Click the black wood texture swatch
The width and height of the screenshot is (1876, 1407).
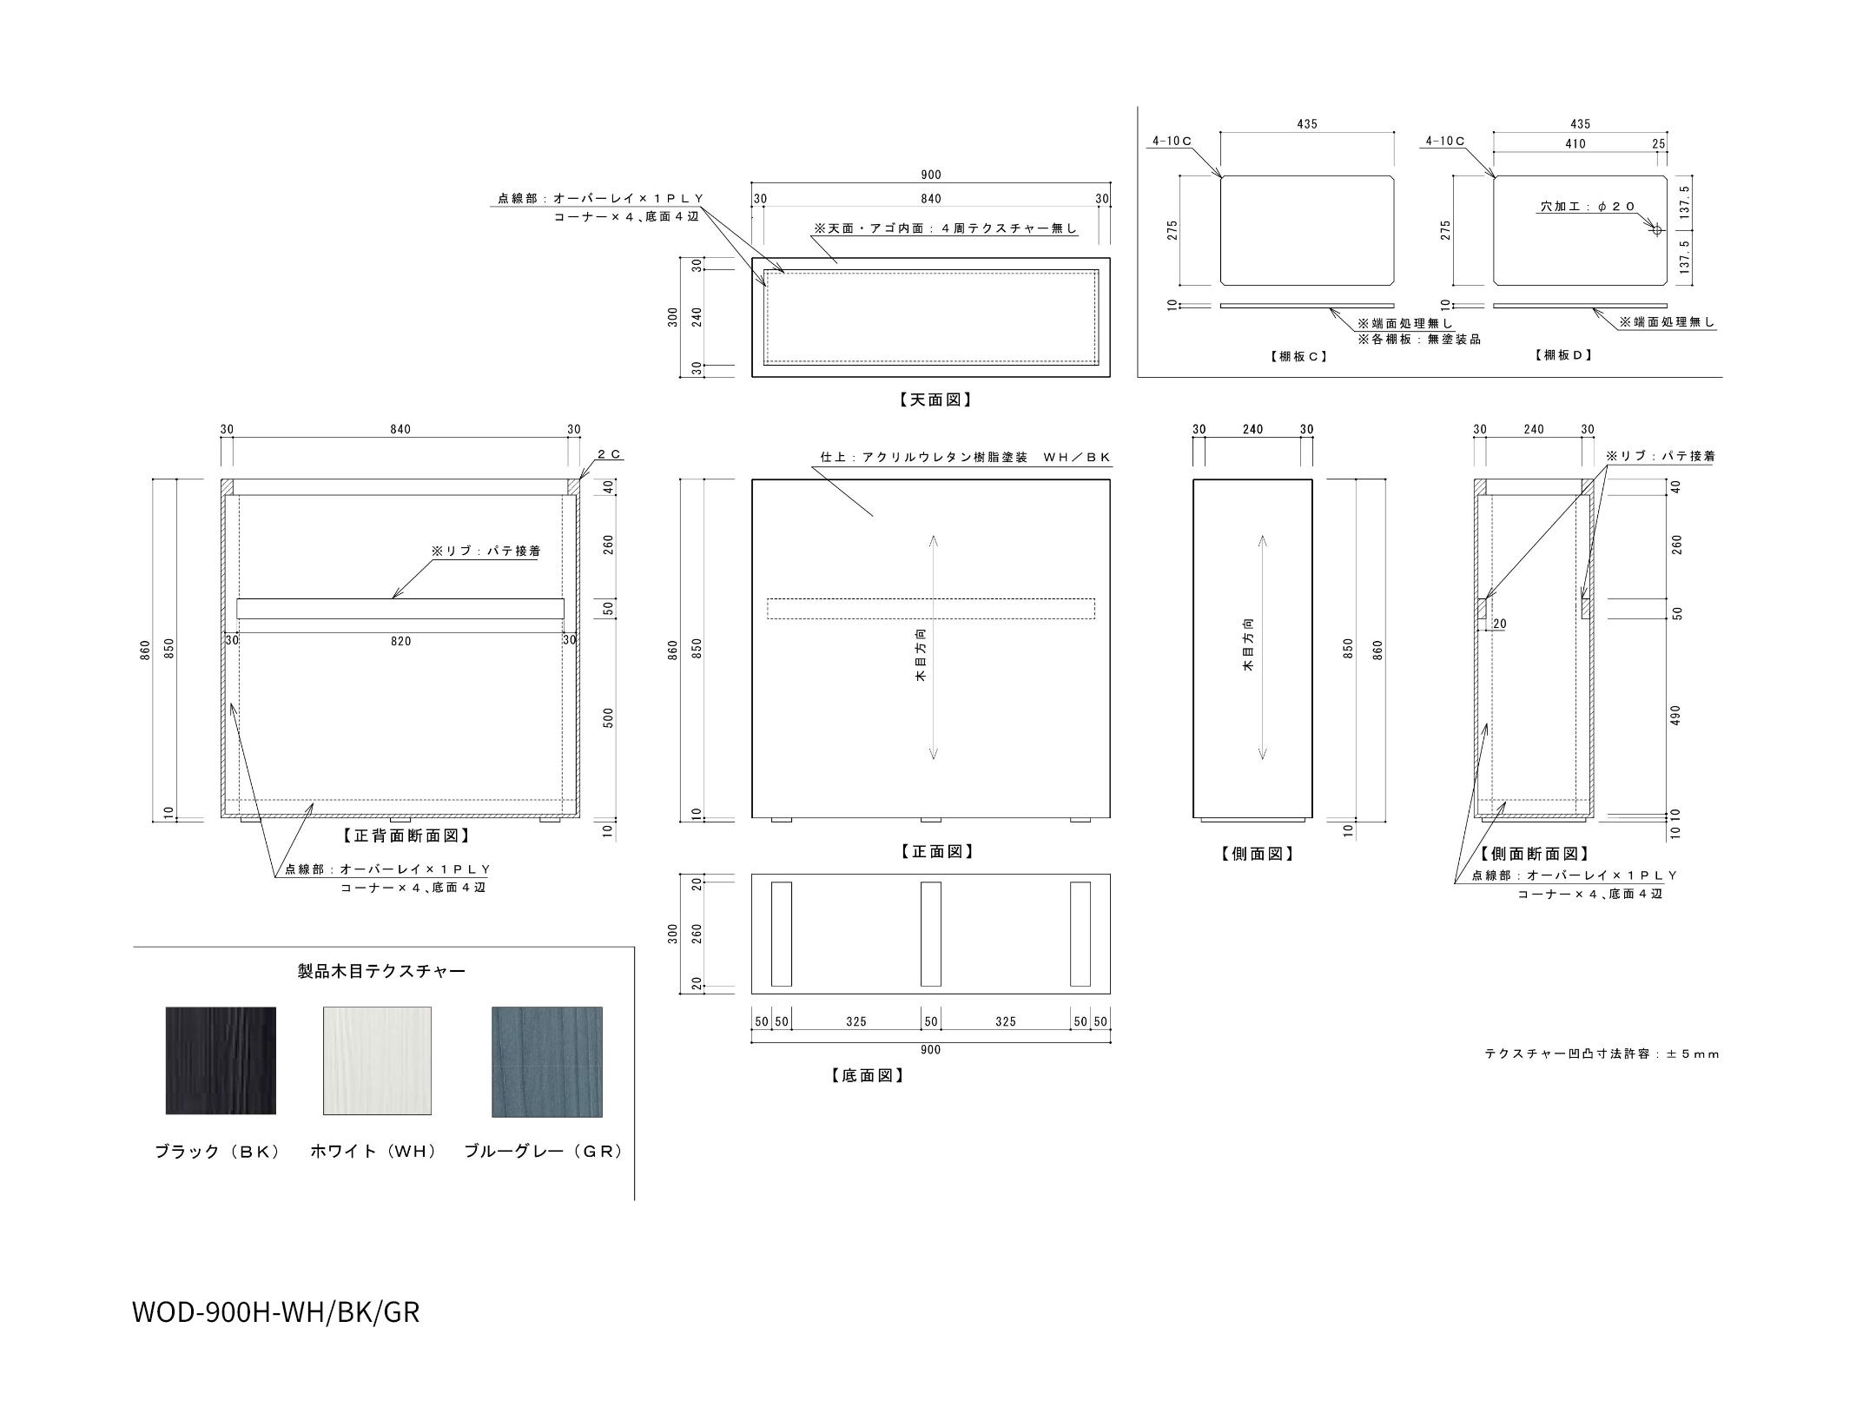tap(221, 1060)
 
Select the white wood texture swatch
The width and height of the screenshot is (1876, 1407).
tap(377, 1060)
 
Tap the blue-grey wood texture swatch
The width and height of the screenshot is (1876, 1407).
tap(547, 1061)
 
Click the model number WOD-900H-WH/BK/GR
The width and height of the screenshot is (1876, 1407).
tap(275, 1312)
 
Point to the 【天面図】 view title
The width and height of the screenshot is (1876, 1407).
tap(931, 400)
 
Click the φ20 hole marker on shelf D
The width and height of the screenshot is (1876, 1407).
tap(1655, 230)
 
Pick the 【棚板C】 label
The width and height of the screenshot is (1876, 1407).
tap(1298, 356)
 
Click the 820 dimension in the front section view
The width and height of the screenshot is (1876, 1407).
tap(400, 641)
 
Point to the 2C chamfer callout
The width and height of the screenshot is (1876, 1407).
tap(610, 454)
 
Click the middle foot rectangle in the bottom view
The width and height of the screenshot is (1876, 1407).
tap(931, 935)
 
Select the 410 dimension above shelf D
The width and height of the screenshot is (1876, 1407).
tap(1575, 144)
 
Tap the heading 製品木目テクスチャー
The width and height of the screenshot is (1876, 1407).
tap(381, 971)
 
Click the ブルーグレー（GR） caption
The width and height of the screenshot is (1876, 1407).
tap(544, 1152)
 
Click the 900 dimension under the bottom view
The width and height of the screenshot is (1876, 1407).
tap(930, 1050)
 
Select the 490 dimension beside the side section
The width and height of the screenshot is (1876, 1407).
tap(1676, 716)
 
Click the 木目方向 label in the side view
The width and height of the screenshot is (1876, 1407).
tap(1248, 645)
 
